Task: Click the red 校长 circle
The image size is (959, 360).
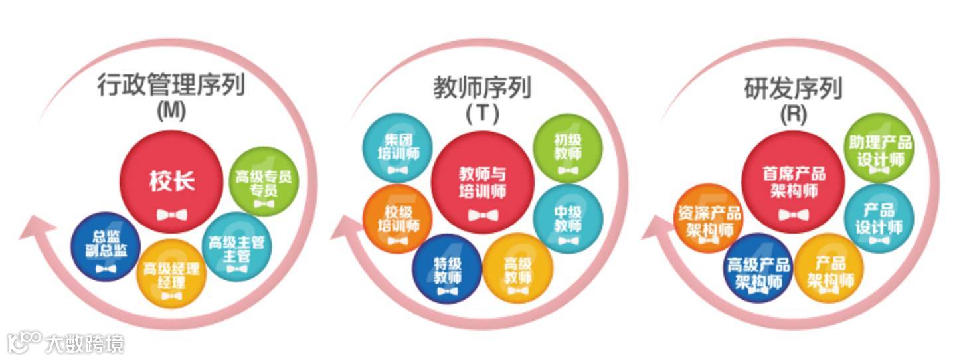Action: (171, 182)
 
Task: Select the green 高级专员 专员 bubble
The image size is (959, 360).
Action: (263, 181)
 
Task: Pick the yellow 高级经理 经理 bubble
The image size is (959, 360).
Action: (171, 274)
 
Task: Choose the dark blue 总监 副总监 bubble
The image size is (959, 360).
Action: (106, 246)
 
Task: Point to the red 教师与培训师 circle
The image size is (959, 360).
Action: (483, 182)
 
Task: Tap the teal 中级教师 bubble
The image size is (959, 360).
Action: (568, 219)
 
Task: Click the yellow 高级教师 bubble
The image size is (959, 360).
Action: (517, 268)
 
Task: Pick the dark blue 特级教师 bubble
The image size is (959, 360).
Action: (447, 268)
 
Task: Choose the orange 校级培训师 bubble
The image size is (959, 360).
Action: (398, 219)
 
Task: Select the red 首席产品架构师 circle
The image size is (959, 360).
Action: (793, 182)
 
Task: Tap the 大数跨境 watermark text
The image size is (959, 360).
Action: (84, 343)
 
